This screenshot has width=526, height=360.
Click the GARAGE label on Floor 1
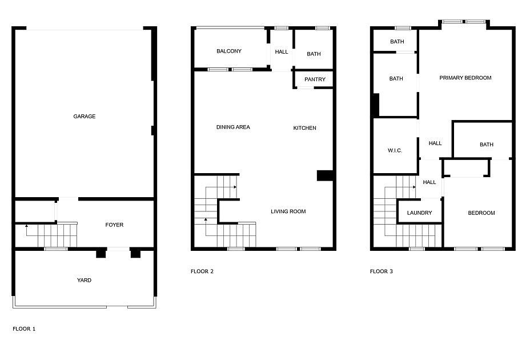(x=85, y=117)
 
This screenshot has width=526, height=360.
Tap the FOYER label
(x=114, y=225)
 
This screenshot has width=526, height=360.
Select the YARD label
(x=84, y=280)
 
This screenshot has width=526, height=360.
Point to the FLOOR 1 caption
(x=24, y=329)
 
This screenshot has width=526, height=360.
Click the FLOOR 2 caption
(x=202, y=271)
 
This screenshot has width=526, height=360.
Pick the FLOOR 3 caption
(x=382, y=271)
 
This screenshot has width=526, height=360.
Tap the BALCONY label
(x=229, y=51)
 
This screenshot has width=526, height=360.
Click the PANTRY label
(x=315, y=79)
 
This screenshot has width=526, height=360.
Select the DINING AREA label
(x=233, y=127)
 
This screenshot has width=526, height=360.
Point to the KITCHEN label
(x=304, y=128)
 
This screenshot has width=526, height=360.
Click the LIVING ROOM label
(x=288, y=211)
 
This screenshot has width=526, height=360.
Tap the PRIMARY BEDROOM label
(x=465, y=78)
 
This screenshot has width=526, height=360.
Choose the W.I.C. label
(x=395, y=151)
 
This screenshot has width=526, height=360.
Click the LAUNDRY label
(x=420, y=213)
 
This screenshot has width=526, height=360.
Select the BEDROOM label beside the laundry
(x=481, y=213)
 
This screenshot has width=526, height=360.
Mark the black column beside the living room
(x=325, y=176)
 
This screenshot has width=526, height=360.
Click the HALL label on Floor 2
(x=282, y=51)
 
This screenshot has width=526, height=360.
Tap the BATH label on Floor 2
(x=314, y=54)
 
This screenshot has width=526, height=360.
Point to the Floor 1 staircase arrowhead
(x=26, y=226)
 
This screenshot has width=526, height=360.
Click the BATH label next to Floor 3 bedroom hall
(x=487, y=145)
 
